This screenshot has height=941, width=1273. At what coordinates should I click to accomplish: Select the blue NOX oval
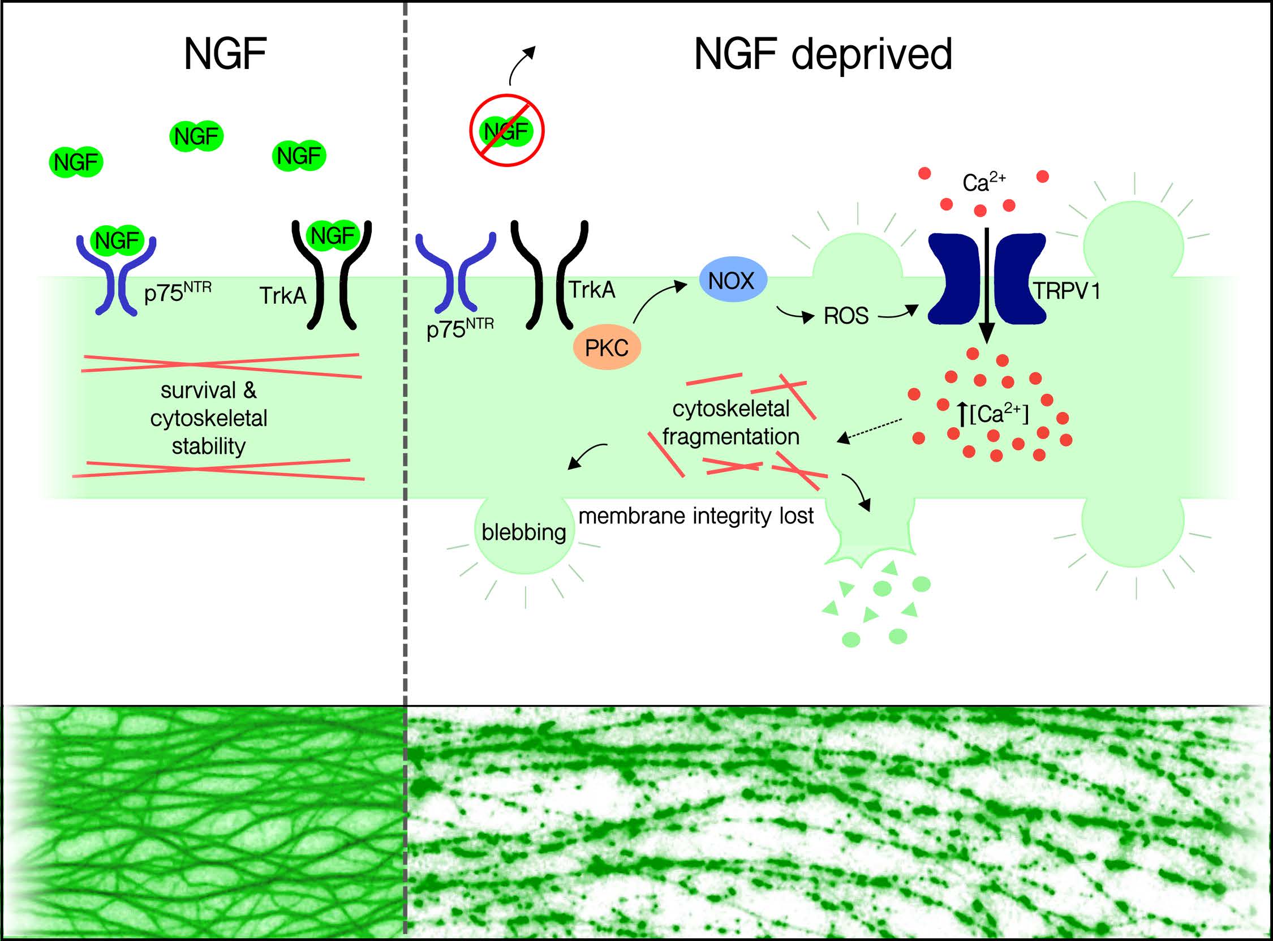coord(732,281)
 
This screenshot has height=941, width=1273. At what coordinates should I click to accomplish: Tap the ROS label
coord(846,316)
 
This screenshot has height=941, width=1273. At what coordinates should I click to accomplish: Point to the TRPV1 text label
coord(1067,291)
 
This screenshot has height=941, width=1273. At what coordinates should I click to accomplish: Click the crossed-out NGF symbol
coord(506,131)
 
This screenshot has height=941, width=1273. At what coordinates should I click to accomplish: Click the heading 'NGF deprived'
coord(823,55)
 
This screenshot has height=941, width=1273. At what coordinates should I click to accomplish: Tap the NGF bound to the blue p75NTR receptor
coord(117,240)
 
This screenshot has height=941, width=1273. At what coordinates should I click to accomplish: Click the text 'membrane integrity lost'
coord(696,516)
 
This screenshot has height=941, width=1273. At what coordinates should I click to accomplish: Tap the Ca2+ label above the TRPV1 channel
coord(984,182)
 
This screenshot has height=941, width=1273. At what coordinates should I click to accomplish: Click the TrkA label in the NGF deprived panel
coord(592,290)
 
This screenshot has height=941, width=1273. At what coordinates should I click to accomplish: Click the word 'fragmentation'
coord(731,437)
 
